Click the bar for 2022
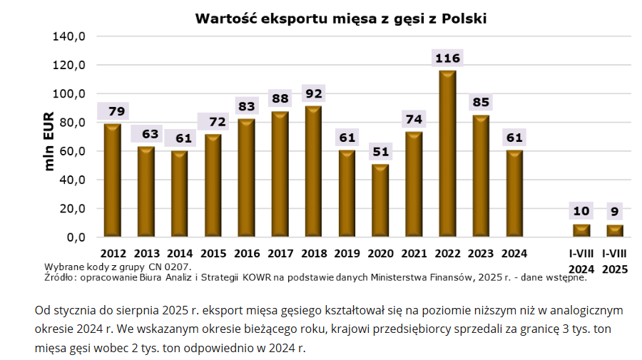(x=447, y=153)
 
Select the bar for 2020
(x=380, y=200)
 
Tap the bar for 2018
(x=313, y=171)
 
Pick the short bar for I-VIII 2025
(x=615, y=230)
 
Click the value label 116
(x=447, y=58)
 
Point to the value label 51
(x=380, y=152)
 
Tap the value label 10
(x=581, y=211)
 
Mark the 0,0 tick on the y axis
(x=75, y=237)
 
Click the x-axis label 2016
(x=247, y=253)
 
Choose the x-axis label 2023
(x=481, y=253)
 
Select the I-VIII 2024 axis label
(x=581, y=261)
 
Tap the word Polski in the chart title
(x=464, y=19)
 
